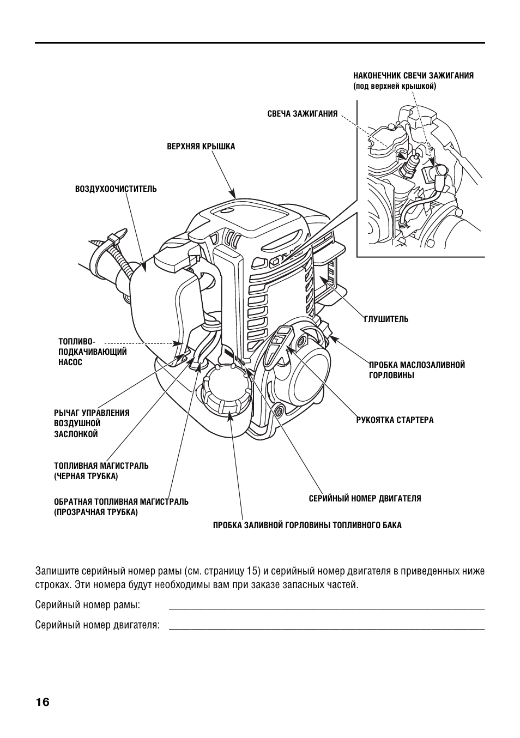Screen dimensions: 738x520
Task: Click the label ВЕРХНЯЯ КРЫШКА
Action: click(x=201, y=147)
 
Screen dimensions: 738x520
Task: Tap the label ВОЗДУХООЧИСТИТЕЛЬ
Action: click(x=116, y=189)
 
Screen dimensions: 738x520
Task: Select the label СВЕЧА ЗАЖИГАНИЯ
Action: click(x=302, y=114)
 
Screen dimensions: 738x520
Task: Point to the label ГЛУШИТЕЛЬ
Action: click(x=386, y=319)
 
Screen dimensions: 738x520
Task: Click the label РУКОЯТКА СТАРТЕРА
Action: click(x=395, y=420)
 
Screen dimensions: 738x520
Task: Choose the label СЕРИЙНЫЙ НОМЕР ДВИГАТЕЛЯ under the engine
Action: click(x=365, y=498)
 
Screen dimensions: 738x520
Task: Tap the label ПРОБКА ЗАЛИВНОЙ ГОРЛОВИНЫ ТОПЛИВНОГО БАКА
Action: click(x=307, y=525)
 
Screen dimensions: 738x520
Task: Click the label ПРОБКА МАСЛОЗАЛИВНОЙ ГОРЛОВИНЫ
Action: click(x=416, y=370)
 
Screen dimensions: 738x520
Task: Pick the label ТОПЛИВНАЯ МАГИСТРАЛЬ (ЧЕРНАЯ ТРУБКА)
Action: click(x=101, y=471)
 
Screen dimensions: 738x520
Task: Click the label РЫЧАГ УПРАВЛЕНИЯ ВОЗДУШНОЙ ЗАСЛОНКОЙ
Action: click(x=92, y=423)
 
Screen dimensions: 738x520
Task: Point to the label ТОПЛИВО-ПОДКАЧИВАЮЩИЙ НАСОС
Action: click(x=92, y=352)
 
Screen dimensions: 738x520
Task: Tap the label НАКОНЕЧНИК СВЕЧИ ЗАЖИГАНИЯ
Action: click(x=413, y=76)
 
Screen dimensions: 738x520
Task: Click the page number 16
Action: click(x=43, y=702)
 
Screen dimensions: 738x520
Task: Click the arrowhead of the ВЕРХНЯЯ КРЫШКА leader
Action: click(x=233, y=195)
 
